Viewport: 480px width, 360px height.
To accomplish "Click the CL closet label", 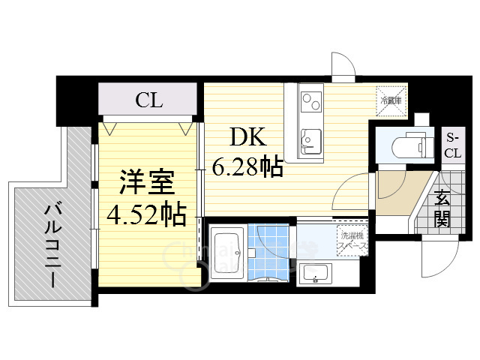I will (x=149, y=100).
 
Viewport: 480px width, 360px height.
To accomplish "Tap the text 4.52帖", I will (x=146, y=214).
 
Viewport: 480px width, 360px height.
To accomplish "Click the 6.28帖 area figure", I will (x=247, y=166).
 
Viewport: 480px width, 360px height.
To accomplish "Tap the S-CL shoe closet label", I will (x=452, y=145).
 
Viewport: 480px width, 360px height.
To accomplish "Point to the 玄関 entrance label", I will (x=443, y=211).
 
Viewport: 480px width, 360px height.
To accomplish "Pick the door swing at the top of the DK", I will (x=343, y=68).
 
